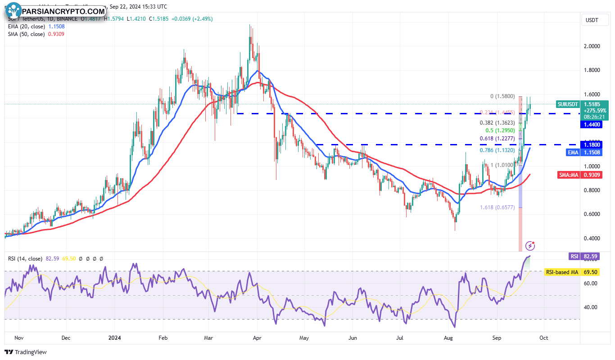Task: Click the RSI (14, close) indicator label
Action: coord(25,259)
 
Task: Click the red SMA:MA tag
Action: coord(568,175)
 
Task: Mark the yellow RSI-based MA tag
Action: coord(561,272)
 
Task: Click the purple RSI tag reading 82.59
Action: coord(574,256)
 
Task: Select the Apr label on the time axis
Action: coord(257,337)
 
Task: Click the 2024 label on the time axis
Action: coord(116,337)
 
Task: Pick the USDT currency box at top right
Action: coord(591,20)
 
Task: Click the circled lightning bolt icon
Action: coord(530,245)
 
